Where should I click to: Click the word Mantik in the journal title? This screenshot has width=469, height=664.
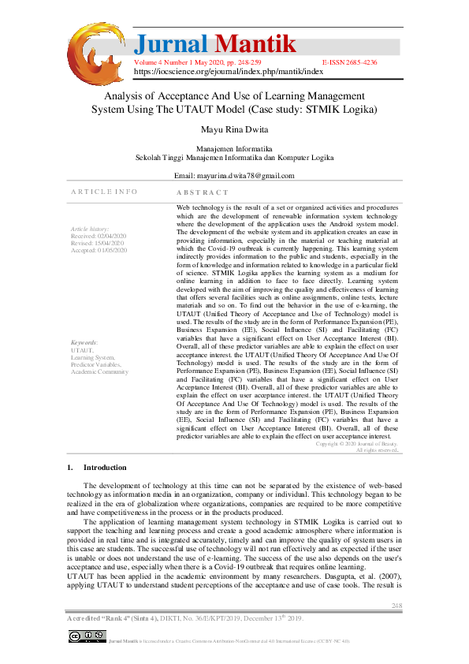click(x=256, y=43)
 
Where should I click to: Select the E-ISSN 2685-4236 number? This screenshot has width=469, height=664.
click(x=349, y=61)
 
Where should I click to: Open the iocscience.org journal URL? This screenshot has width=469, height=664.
click(x=228, y=70)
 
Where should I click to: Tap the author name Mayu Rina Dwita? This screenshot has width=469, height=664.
click(x=234, y=129)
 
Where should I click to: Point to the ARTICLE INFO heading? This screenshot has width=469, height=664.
click(x=104, y=192)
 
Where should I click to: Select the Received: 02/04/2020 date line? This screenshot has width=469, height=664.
click(x=97, y=236)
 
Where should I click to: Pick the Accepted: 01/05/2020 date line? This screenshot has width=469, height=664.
click(x=97, y=250)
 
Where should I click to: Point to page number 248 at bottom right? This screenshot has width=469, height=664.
click(x=397, y=606)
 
